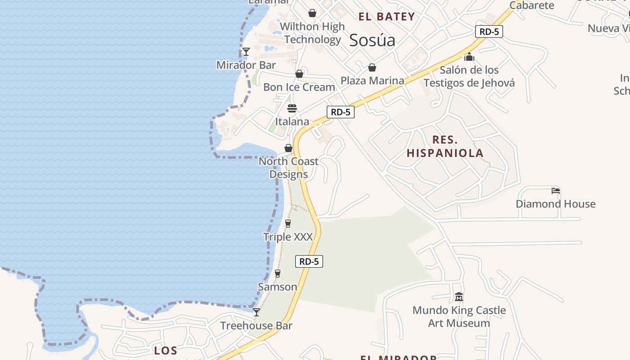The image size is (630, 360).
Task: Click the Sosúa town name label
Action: tap(372, 40)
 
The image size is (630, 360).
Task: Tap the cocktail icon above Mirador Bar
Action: tap(246, 52)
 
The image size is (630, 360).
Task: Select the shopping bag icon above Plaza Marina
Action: tap(372, 68)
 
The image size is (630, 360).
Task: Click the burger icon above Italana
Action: tap(292, 108)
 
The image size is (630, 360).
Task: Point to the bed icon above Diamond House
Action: tap(556, 191)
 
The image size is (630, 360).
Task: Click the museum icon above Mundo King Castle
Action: tap(459, 297)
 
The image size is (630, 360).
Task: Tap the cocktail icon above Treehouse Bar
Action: tap(256, 312)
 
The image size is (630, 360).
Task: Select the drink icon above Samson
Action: tap(278, 274)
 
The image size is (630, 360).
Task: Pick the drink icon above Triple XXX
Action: tap(288, 224)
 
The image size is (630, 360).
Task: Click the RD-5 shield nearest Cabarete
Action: tap(489, 31)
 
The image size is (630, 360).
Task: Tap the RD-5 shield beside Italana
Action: tap(340, 112)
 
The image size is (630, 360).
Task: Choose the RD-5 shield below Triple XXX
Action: tap(309, 261)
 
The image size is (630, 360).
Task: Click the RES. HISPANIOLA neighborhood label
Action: tap(445, 146)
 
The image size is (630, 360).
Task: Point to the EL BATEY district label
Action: tap(387, 17)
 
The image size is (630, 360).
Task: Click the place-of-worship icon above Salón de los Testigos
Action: tap(469, 57)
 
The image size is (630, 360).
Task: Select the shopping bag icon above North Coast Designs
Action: tap(288, 148)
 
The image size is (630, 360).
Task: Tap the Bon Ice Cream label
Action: tap(299, 87)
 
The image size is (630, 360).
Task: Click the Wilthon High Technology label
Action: tap(312, 33)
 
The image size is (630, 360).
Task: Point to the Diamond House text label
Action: tap(555, 204)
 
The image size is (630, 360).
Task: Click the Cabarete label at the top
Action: tap(531, 5)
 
